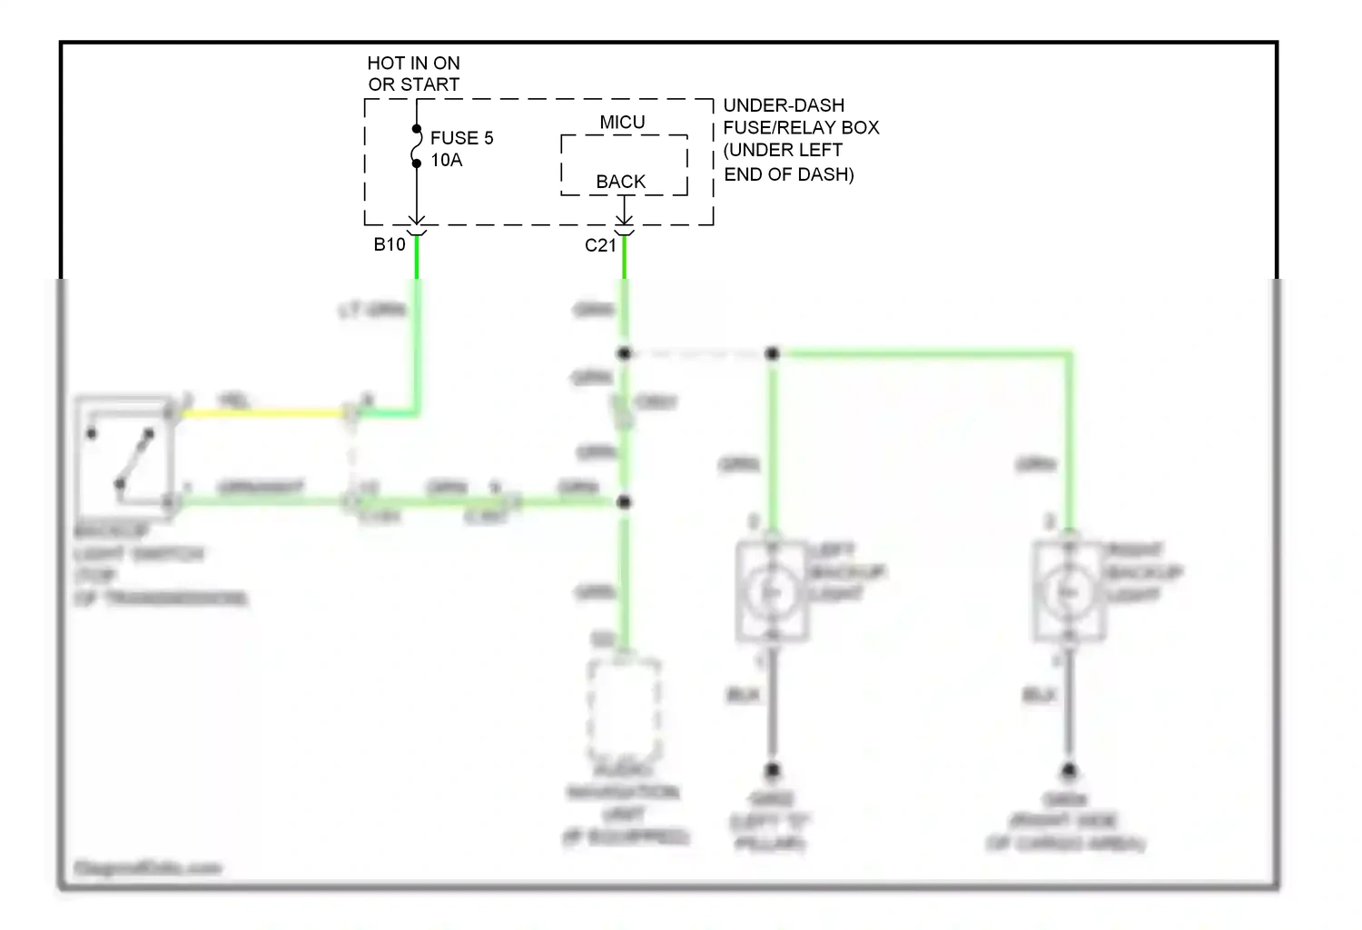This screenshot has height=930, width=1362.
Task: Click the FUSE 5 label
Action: [461, 138]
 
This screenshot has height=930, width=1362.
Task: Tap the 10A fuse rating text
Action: [446, 161]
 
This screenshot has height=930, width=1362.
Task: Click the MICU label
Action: [622, 123]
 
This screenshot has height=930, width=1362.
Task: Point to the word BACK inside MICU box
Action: [620, 182]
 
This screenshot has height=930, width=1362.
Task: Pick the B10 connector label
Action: [390, 244]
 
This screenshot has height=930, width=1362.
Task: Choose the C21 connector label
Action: [600, 245]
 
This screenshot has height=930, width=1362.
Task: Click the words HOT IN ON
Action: [413, 64]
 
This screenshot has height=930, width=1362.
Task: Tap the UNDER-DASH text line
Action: [784, 105]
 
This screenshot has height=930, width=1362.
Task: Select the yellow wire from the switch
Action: [263, 414]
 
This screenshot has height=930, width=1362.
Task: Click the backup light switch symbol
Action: [124, 454]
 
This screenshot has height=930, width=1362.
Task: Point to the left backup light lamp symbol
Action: [772, 592]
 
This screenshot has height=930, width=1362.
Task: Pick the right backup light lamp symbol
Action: [1069, 592]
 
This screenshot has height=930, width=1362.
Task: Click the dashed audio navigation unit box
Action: [624, 708]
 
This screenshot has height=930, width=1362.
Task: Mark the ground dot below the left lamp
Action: [772, 771]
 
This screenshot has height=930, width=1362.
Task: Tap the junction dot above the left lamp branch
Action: [772, 353]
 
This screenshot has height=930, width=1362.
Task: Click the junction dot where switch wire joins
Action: [624, 501]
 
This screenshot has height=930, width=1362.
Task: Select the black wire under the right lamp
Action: [1069, 708]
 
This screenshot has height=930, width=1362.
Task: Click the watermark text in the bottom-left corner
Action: [147, 868]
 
